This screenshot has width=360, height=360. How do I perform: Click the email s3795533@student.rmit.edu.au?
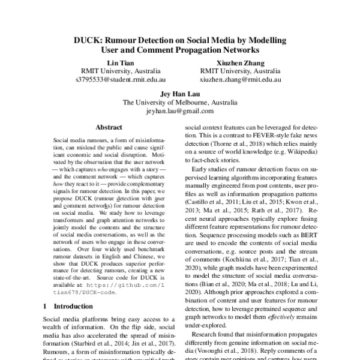pos(121,79)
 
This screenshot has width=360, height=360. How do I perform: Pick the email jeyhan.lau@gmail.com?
pos(179,111)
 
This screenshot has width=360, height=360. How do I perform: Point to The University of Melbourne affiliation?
pos(179,103)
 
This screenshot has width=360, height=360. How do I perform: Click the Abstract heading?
pos(109,127)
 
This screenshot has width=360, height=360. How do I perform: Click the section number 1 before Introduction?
pos(47,306)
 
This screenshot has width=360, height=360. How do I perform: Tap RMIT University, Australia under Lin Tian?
pos(121,70)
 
